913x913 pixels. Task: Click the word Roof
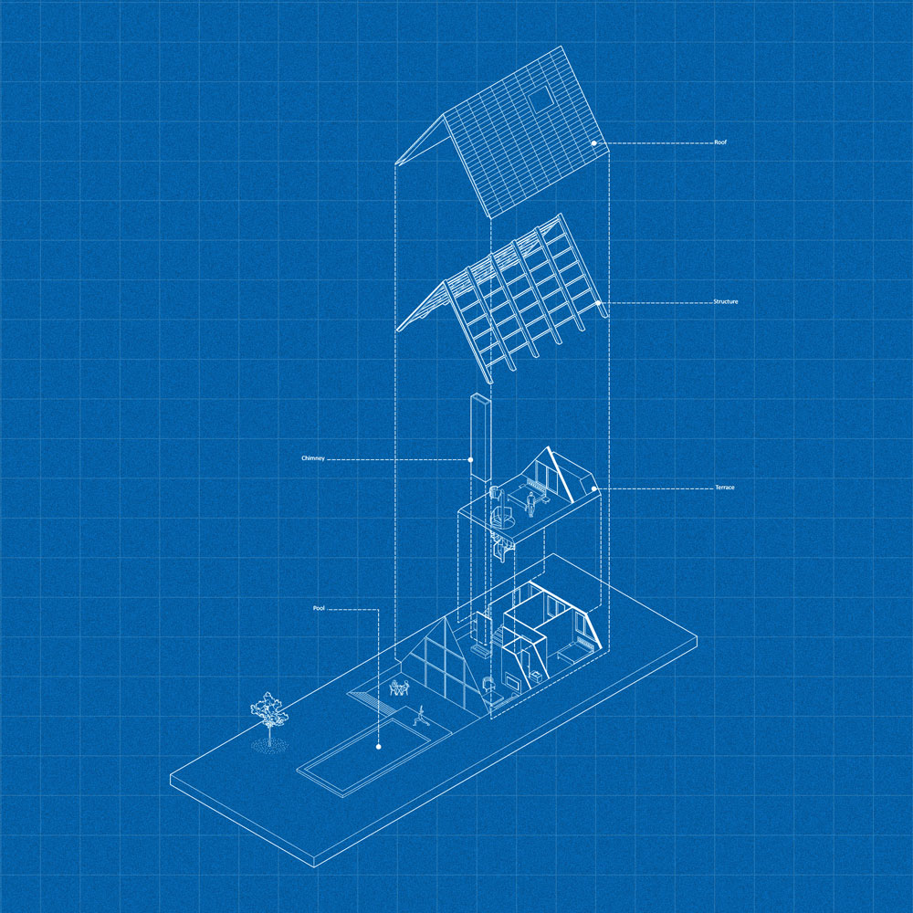(x=720, y=142)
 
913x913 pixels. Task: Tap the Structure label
(x=726, y=301)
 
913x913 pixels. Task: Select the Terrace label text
(x=725, y=488)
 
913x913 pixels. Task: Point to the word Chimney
(x=313, y=458)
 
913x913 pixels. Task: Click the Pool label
(x=319, y=608)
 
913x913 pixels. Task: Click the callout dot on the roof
(x=594, y=143)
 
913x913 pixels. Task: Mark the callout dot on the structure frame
(x=598, y=303)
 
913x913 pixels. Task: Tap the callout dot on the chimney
(x=470, y=460)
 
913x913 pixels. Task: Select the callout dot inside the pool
(x=379, y=747)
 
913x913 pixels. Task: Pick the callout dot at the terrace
(x=594, y=488)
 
